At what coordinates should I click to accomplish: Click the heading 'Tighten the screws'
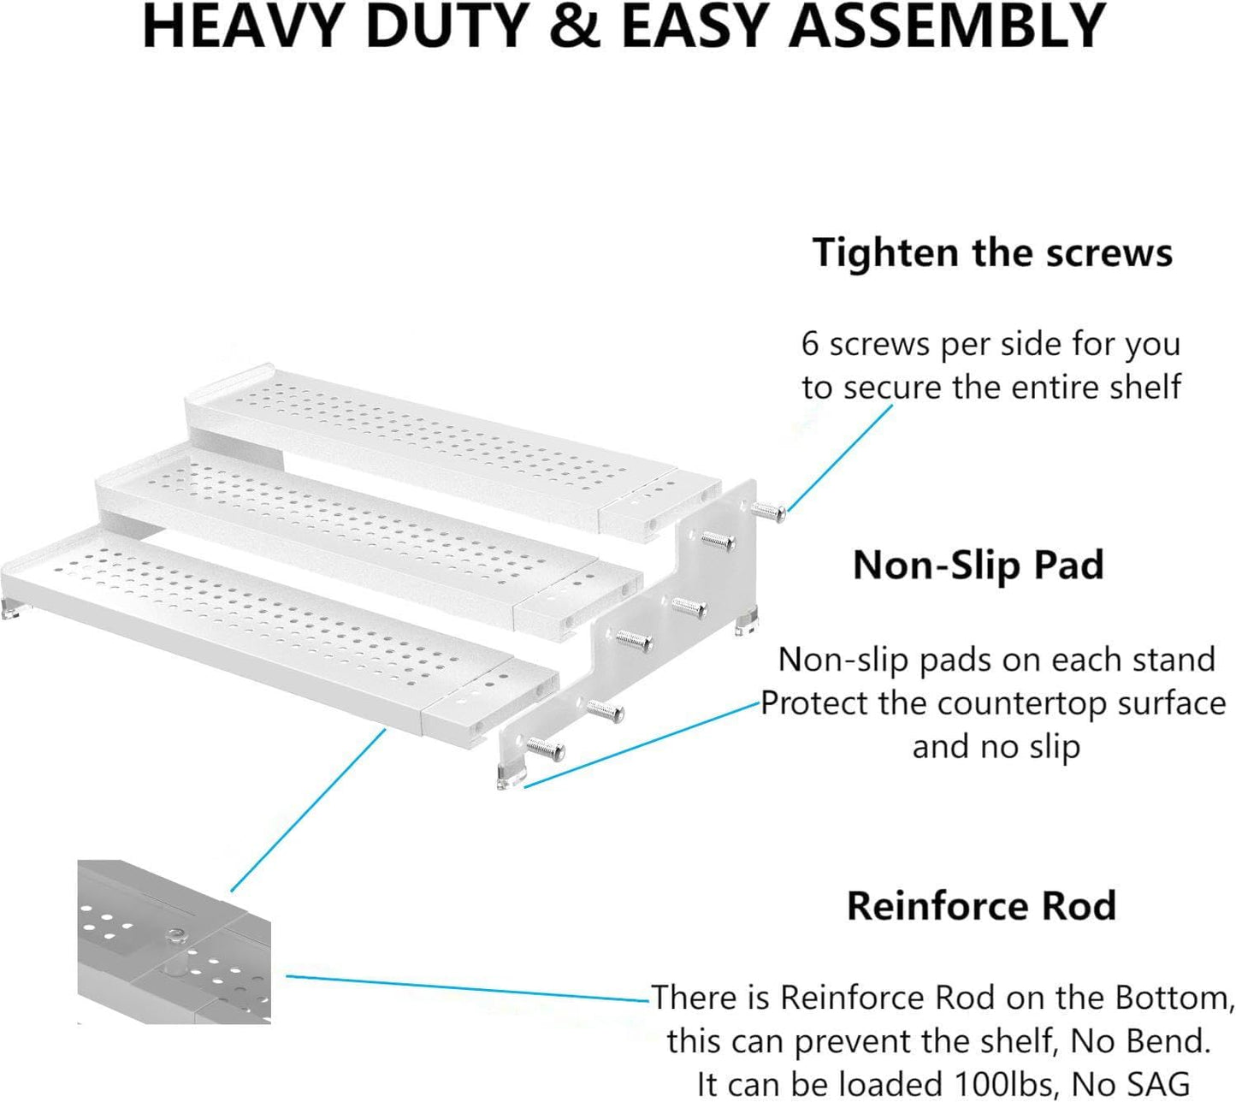(992, 253)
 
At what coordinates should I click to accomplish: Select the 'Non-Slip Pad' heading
(979, 566)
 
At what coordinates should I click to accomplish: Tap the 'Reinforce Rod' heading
(981, 906)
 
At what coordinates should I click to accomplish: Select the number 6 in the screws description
(810, 345)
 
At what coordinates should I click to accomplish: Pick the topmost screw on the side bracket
(768, 511)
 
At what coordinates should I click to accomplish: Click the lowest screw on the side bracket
(545, 749)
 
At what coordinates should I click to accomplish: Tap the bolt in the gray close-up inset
(177, 934)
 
